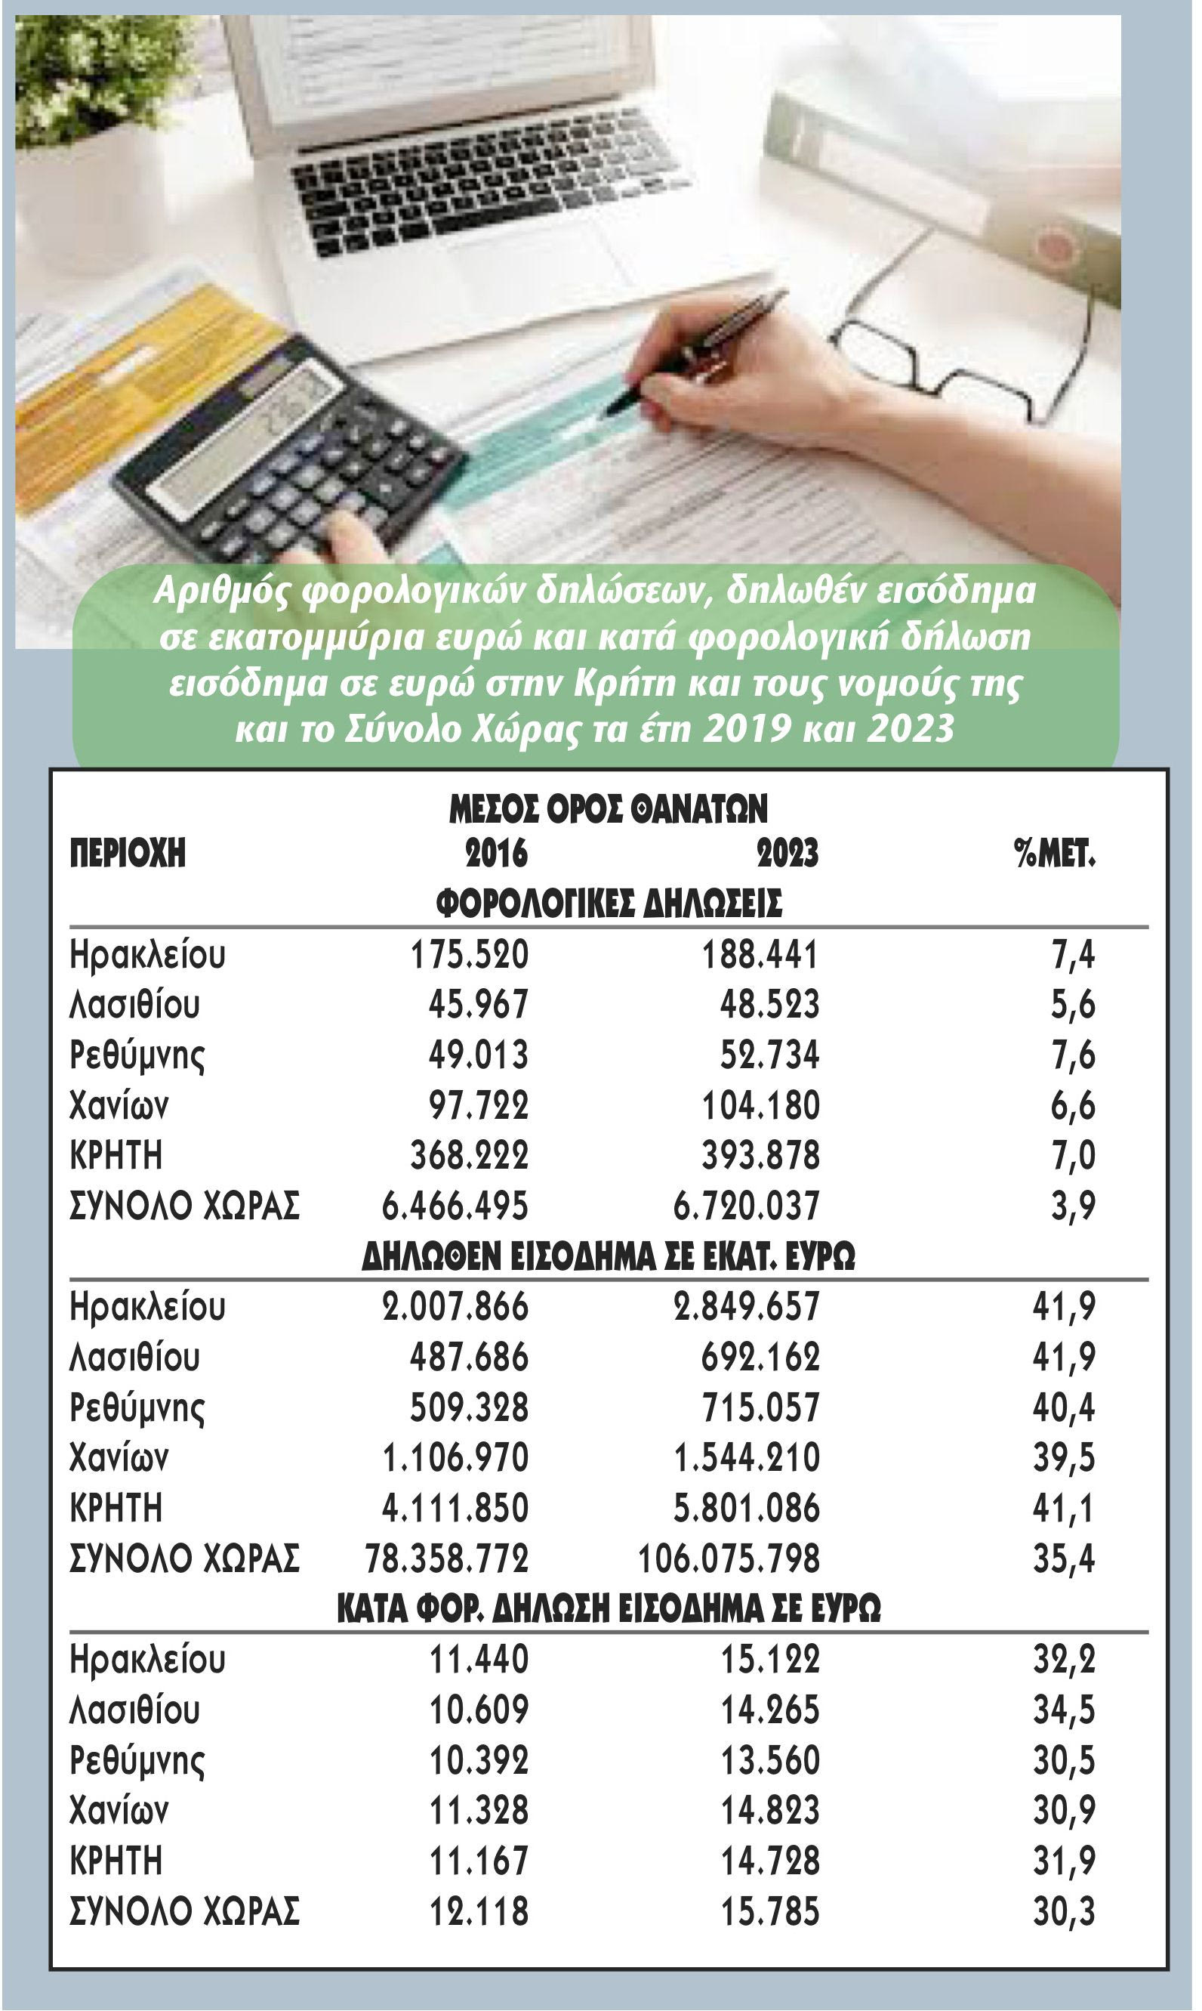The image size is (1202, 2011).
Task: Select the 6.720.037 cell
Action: click(746, 1206)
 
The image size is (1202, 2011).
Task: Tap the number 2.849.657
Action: click(746, 1307)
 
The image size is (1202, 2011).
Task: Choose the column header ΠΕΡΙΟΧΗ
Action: click(128, 853)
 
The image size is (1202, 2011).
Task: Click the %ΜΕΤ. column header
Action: click(1055, 853)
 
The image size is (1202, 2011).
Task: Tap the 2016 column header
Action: click(496, 853)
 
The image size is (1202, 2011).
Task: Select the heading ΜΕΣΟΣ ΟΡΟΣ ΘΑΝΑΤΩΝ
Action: click(609, 808)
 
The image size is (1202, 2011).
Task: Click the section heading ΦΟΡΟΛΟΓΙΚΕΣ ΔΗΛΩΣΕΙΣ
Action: click(609, 903)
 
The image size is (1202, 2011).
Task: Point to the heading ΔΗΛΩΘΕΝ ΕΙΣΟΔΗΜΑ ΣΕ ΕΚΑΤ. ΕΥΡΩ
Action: click(609, 1256)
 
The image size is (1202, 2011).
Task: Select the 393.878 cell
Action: click(760, 1155)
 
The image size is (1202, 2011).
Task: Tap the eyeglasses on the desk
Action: click(956, 357)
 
